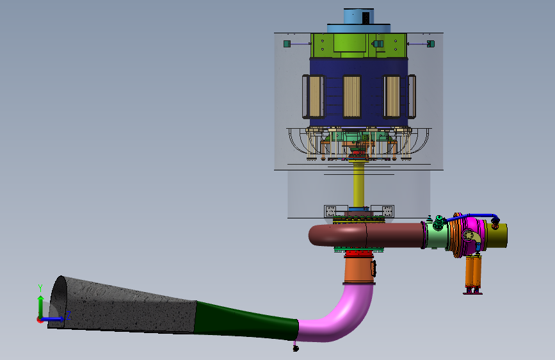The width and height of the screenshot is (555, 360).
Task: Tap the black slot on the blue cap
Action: click(366, 18)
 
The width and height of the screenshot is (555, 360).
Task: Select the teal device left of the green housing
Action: click(287, 44)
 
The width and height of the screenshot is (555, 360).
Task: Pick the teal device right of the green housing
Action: click(431, 44)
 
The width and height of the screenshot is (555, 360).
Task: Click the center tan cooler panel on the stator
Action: click(351, 96)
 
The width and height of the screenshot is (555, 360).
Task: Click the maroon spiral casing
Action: click(367, 235)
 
